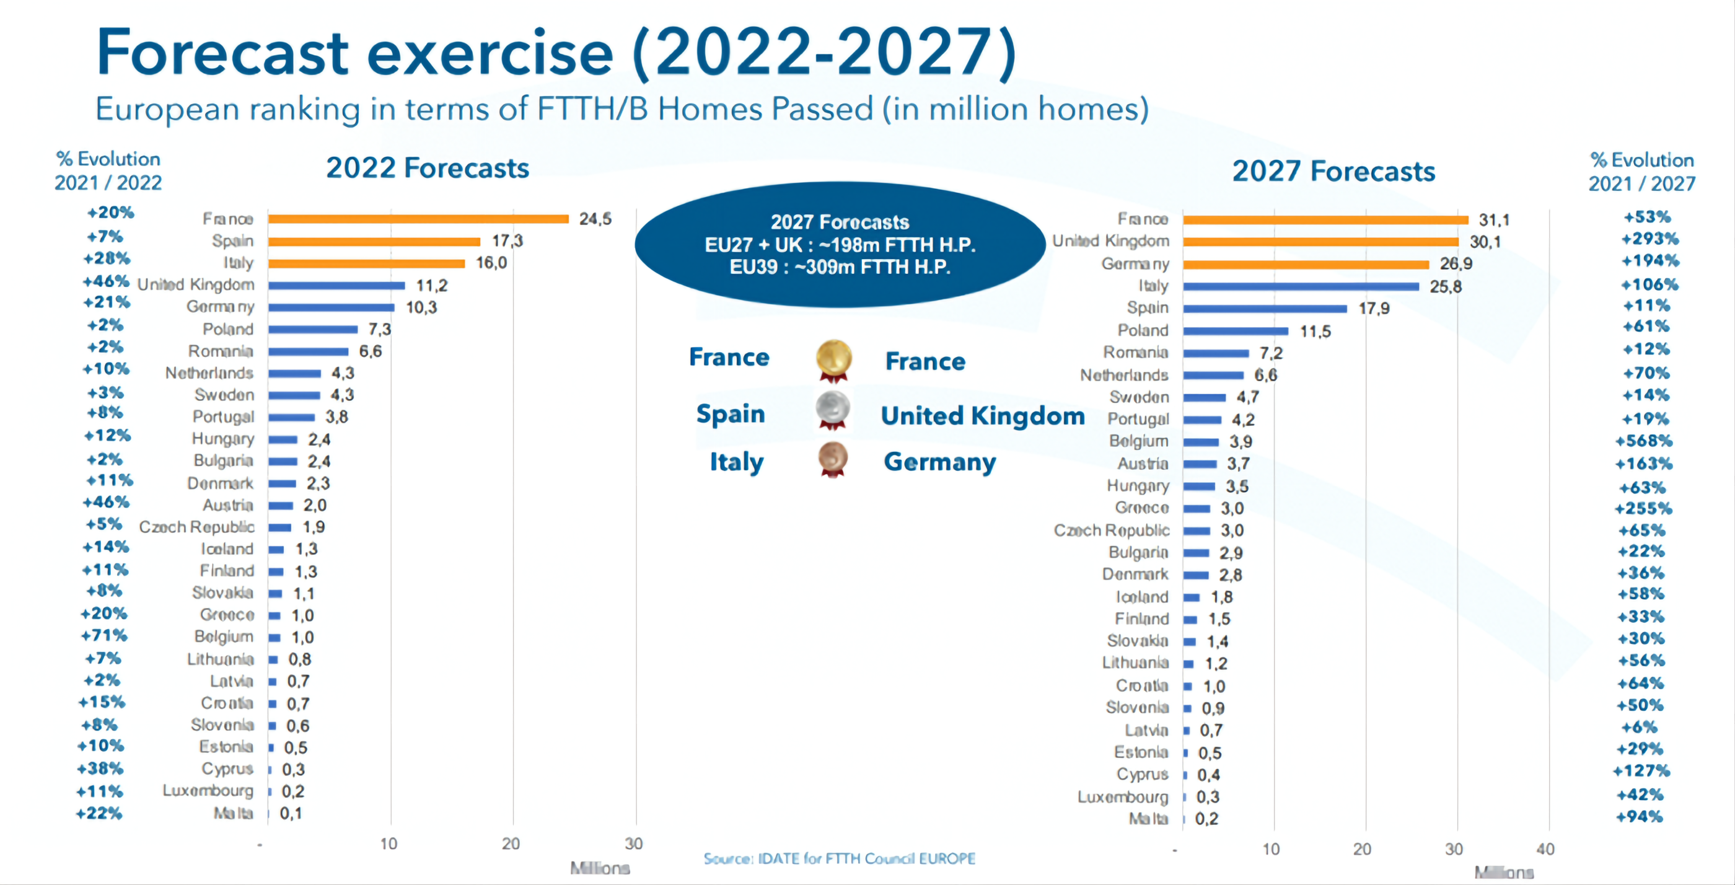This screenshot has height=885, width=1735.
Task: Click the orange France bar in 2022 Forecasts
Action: [418, 219]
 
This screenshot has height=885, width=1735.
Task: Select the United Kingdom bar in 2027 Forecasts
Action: [1320, 242]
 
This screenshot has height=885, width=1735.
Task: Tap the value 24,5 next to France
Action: [595, 219]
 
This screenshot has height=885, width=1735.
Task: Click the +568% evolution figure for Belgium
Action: [1643, 441]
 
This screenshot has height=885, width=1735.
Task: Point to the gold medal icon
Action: [833, 358]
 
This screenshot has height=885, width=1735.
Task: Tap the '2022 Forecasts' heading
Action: [428, 168]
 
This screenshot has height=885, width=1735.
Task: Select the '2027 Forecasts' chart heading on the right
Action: [1333, 171]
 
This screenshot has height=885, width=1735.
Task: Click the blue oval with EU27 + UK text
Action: [840, 244]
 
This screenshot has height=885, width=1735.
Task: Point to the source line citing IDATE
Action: [839, 859]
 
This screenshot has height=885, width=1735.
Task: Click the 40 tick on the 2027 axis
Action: [1545, 849]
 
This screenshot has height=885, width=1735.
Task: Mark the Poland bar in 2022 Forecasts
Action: [312, 329]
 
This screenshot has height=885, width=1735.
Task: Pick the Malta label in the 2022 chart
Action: [233, 814]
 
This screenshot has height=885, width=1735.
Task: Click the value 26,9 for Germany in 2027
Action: [1456, 263]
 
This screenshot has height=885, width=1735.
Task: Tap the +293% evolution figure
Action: [1649, 239]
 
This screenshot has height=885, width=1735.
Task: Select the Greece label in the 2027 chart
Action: [1141, 508]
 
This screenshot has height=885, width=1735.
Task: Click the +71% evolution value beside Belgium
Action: [104, 636]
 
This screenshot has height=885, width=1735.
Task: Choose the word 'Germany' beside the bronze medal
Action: [939, 462]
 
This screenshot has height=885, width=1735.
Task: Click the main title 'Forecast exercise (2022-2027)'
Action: [556, 53]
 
